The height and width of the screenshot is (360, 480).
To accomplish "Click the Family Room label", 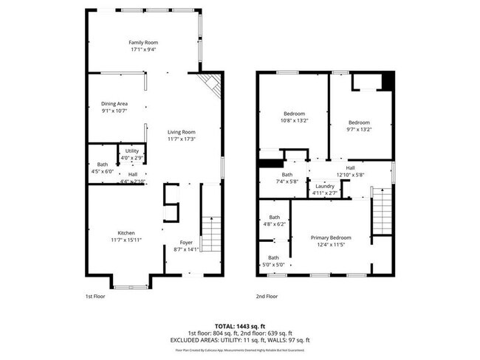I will click(144, 43).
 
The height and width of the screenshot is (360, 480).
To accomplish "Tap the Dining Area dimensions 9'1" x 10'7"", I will click(114, 111).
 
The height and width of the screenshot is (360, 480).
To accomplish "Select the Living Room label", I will click(181, 131).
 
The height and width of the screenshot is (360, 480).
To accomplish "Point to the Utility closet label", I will click(131, 151).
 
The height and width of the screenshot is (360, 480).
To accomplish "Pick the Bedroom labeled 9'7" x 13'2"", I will click(359, 122).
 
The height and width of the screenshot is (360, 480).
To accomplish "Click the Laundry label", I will click(325, 186).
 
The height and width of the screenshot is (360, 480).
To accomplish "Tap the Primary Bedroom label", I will click(330, 238).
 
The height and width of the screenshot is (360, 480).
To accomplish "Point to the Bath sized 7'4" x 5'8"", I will click(287, 175).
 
